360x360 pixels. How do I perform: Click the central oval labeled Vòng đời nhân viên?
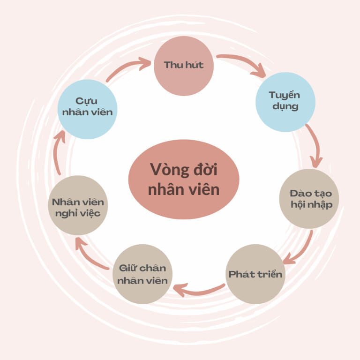(x=184, y=179)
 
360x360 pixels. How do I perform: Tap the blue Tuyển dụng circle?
(x=285, y=102)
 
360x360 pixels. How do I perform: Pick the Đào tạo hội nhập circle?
(x=308, y=199)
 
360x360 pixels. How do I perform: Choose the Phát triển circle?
(x=255, y=274)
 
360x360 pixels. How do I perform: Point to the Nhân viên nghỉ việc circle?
(x=78, y=206)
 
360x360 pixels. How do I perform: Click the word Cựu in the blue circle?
(x=86, y=101)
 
